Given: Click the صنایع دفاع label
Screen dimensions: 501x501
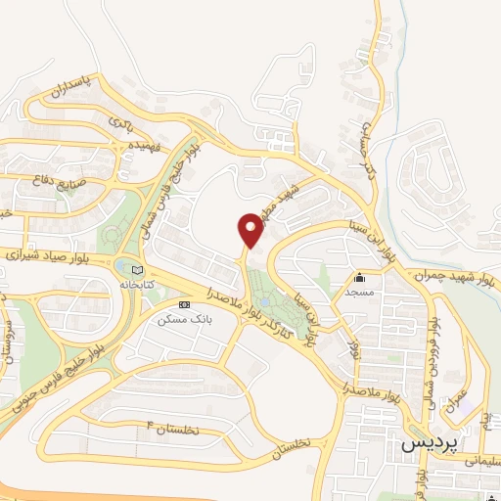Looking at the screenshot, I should pos(60,180).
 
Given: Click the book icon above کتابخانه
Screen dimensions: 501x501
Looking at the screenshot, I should pos(138,270).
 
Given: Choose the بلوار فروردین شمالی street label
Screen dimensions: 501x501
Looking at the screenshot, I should pos(428,359).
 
